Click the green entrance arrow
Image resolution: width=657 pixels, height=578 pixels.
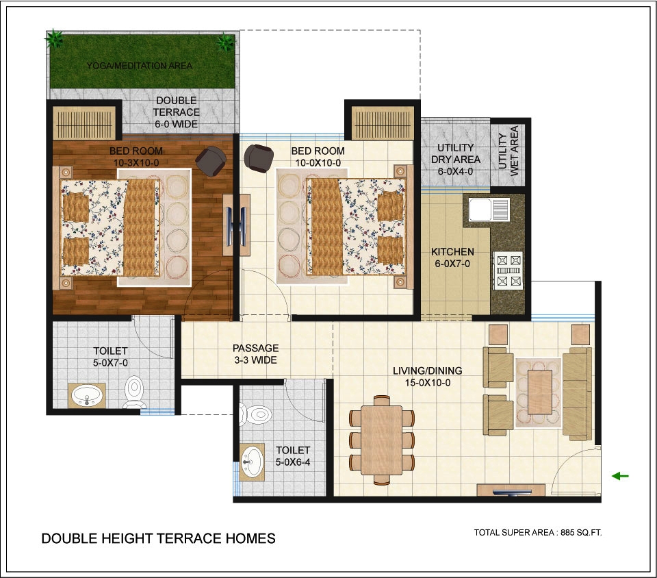620,476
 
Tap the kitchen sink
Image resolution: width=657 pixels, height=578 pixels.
489,210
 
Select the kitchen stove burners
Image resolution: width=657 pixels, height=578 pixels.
508,271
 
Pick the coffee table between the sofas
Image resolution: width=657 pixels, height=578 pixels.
540,392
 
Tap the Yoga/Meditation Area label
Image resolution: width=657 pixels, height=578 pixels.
140,66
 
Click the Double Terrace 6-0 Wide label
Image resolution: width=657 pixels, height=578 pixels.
176,112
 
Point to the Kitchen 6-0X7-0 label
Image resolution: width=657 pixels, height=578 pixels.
452,257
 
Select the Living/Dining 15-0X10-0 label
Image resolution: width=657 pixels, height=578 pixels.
427,377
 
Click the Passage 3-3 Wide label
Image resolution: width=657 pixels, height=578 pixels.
255,354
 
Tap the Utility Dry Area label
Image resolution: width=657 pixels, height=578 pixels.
456,160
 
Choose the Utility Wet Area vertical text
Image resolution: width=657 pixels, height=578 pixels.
508,151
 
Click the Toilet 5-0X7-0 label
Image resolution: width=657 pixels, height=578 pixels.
110,357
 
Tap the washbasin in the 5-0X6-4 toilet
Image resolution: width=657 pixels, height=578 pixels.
252,462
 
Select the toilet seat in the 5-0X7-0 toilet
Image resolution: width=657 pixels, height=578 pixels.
135,392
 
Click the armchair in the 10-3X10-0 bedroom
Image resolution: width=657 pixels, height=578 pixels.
211,161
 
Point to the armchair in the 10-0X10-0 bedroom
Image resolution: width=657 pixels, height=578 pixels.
259,158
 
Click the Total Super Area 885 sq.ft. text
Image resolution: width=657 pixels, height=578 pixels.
538,532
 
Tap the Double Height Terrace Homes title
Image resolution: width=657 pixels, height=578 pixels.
158,538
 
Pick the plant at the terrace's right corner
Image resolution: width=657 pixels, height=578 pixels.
225,42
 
